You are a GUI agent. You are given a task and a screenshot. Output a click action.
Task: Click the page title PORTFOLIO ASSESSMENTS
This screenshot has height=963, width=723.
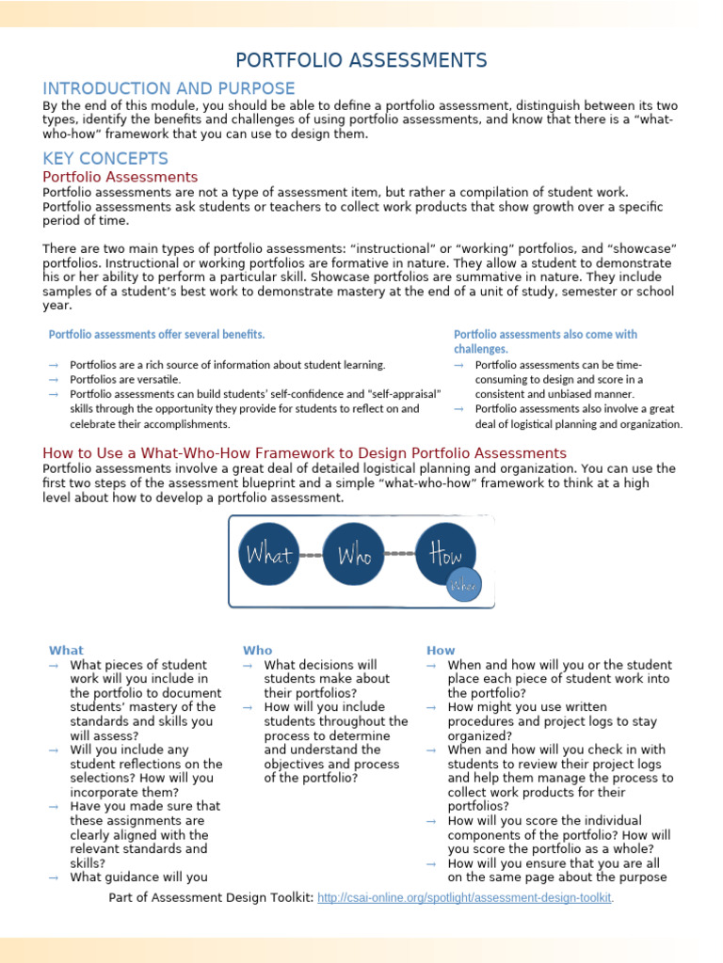(361, 61)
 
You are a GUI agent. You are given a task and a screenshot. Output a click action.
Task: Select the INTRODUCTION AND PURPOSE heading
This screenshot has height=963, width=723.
(169, 88)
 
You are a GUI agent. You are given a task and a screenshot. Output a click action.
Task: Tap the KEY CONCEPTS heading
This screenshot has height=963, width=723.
(105, 159)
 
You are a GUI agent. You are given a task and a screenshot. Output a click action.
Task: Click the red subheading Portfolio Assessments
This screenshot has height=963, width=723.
(120, 177)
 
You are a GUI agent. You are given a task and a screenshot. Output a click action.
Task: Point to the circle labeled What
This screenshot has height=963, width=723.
(269, 555)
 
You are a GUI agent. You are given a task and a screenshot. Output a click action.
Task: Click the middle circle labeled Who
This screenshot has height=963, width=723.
(355, 555)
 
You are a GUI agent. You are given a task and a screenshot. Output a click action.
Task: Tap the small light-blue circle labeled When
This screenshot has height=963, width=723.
(463, 585)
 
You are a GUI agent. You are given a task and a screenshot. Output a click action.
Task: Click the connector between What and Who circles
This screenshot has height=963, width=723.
(312, 555)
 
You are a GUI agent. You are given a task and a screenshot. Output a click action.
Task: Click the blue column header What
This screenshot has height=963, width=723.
(66, 651)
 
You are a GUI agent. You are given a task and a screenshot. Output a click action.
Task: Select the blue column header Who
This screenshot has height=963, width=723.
(257, 651)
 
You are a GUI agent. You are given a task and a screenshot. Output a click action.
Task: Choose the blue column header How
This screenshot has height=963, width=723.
(441, 651)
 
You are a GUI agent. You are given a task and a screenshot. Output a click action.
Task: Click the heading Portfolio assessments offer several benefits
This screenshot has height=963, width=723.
(157, 335)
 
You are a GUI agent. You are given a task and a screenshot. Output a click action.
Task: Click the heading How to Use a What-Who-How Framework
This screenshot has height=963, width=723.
(304, 453)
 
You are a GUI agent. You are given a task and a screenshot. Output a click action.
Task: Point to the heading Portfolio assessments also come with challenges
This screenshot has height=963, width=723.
(545, 341)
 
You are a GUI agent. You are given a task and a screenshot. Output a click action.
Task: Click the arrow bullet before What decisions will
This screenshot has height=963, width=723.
(248, 666)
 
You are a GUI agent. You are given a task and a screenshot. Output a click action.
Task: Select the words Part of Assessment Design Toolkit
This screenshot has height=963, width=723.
(211, 898)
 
